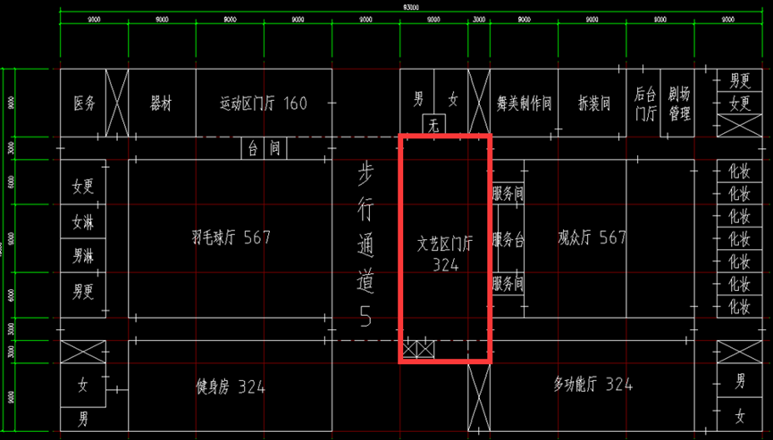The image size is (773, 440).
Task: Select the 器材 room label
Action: coord(161,104)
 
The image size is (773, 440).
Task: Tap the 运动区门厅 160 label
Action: coord(263,104)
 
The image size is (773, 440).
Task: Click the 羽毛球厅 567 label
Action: coord(231,237)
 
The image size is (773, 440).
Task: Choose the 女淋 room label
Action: coord(83,221)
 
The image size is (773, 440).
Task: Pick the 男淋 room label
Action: coord(83,256)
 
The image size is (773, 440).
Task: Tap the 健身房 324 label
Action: coord(231,386)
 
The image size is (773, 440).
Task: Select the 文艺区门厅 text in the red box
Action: coord(444,242)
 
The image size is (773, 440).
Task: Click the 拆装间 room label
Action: coord(594,104)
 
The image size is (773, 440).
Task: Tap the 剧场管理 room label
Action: coord(679,103)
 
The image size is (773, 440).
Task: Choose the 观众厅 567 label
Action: coord(592,237)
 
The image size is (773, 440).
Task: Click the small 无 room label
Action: coord(434,125)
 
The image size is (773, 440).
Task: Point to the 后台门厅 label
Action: coord(645,103)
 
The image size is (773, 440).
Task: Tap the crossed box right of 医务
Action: coord(117,103)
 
